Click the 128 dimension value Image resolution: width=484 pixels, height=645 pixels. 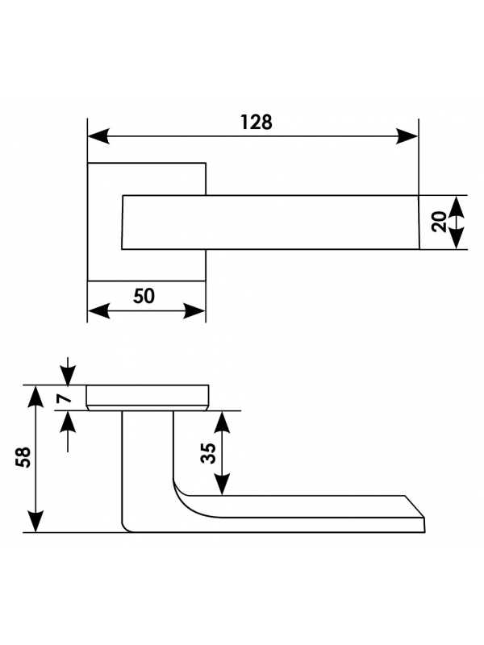[x=256, y=123]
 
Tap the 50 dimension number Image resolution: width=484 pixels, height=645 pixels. [x=144, y=296]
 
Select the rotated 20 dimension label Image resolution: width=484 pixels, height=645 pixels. [x=440, y=222]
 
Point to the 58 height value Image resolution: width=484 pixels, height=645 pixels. [x=23, y=456]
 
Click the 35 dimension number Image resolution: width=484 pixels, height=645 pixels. [x=209, y=453]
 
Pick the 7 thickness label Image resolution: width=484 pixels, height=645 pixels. [x=64, y=397]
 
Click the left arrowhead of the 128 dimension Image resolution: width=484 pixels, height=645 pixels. [x=98, y=136]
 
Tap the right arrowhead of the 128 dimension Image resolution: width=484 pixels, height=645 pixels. [x=407, y=136]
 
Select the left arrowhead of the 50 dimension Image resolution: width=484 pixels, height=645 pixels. [x=98, y=311]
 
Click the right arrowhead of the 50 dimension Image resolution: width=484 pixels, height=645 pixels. [x=194, y=311]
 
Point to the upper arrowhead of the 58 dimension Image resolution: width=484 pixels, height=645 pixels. [x=35, y=397]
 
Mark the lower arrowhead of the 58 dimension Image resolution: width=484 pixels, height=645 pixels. [x=35, y=521]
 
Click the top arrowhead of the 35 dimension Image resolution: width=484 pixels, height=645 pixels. [x=223, y=422]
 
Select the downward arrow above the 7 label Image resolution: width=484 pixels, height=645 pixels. [x=68, y=371]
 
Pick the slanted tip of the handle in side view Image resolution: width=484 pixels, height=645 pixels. [x=415, y=507]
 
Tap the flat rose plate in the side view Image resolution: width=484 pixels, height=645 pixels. [x=148, y=396]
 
